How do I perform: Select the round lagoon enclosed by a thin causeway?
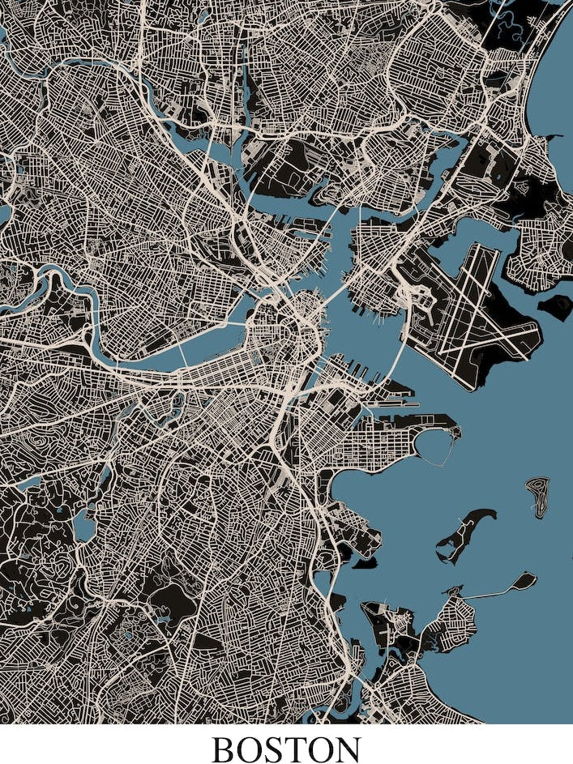[x=438, y=446]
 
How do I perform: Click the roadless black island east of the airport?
[x=556, y=305]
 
